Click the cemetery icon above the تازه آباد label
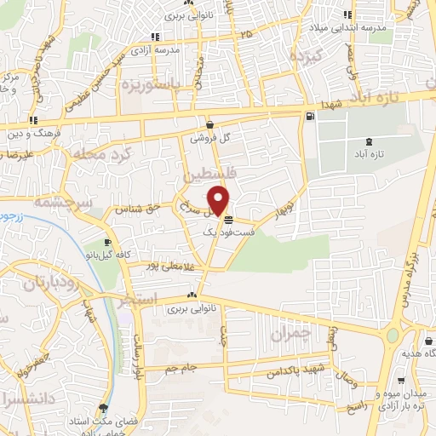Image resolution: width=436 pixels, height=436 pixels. (367, 142)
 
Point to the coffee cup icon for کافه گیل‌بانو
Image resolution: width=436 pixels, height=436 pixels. (107, 241)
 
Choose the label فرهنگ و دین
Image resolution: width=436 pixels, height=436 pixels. (31, 133)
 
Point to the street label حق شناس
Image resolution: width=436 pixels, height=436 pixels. (144, 206)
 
